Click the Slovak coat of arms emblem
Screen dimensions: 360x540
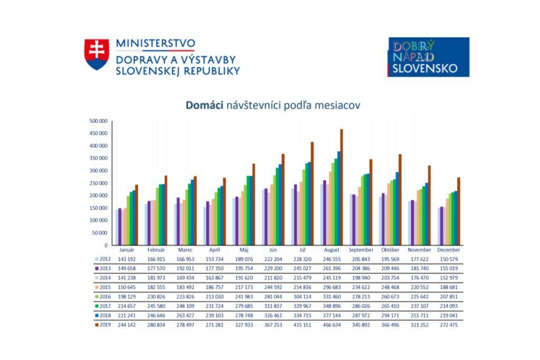(x=97, y=54)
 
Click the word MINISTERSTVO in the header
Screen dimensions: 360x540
(x=155, y=43)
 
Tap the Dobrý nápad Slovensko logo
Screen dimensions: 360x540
(x=428, y=57)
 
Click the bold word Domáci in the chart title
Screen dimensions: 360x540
(x=205, y=105)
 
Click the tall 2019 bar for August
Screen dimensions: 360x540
(x=342, y=187)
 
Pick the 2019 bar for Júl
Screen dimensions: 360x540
(x=312, y=193)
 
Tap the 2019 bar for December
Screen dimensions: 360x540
(x=459, y=211)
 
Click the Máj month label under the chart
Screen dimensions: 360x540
(x=244, y=250)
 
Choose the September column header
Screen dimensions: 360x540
(x=361, y=250)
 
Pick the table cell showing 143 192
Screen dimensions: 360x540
(x=127, y=259)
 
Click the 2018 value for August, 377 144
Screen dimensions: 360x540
(x=332, y=316)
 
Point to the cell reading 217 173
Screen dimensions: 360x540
(x=244, y=288)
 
